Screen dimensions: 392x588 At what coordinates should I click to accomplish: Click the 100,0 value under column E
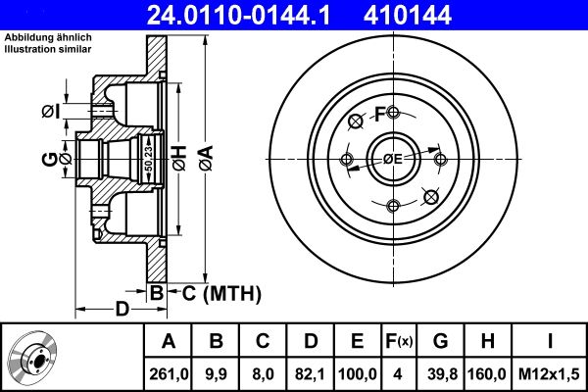(358, 373)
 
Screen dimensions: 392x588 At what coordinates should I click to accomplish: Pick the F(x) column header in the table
(398, 342)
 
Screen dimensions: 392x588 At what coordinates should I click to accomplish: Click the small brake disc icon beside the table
(36, 358)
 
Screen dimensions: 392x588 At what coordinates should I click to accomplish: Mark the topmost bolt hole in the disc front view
(392, 112)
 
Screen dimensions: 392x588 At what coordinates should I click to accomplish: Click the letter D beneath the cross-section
(121, 310)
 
